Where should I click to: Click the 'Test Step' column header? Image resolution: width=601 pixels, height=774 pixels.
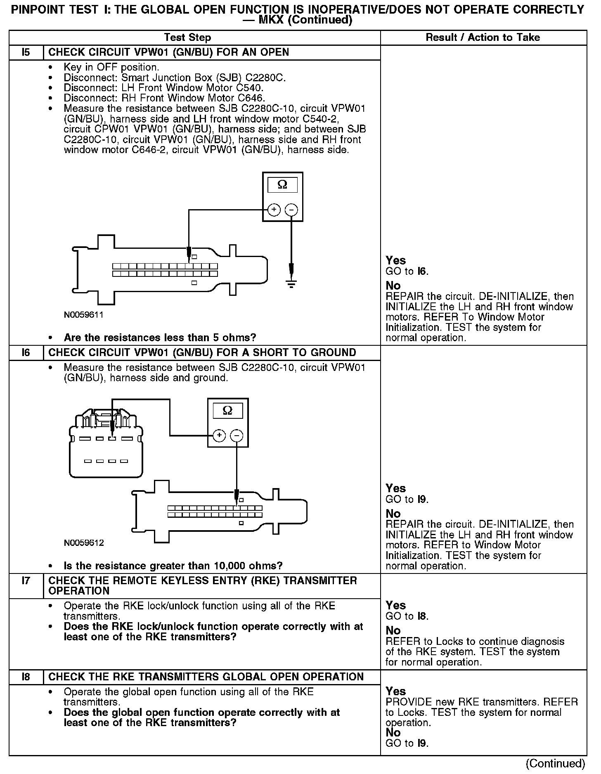(187, 38)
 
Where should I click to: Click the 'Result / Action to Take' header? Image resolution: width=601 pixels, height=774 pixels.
(483, 38)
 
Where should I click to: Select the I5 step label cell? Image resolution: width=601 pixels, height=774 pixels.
(26, 52)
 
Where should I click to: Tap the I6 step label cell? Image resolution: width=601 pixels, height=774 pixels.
(26, 353)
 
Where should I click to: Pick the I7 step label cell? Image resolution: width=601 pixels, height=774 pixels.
(26, 581)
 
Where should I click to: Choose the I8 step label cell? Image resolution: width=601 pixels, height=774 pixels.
(26, 677)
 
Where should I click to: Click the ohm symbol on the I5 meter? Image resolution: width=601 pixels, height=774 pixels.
(283, 184)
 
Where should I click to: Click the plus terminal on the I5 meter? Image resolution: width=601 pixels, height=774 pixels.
(274, 210)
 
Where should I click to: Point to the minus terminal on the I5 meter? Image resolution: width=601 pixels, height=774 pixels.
(291, 210)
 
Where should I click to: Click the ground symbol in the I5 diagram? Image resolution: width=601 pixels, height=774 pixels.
(291, 284)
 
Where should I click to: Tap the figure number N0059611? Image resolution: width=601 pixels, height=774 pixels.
(84, 315)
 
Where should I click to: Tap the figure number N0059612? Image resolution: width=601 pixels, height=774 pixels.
(84, 543)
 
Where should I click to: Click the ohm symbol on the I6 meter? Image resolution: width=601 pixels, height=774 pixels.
(227, 411)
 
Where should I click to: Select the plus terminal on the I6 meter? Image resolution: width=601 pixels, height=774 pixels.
(219, 435)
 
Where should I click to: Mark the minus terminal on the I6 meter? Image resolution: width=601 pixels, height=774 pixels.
(237, 435)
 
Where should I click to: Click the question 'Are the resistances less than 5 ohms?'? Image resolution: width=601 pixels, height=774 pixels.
(160, 338)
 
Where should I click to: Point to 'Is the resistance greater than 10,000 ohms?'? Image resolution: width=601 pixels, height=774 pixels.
(173, 566)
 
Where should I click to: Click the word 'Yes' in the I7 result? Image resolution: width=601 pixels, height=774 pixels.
(395, 605)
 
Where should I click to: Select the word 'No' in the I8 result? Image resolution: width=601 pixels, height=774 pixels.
(393, 732)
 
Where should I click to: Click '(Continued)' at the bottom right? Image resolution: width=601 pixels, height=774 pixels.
(556, 763)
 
